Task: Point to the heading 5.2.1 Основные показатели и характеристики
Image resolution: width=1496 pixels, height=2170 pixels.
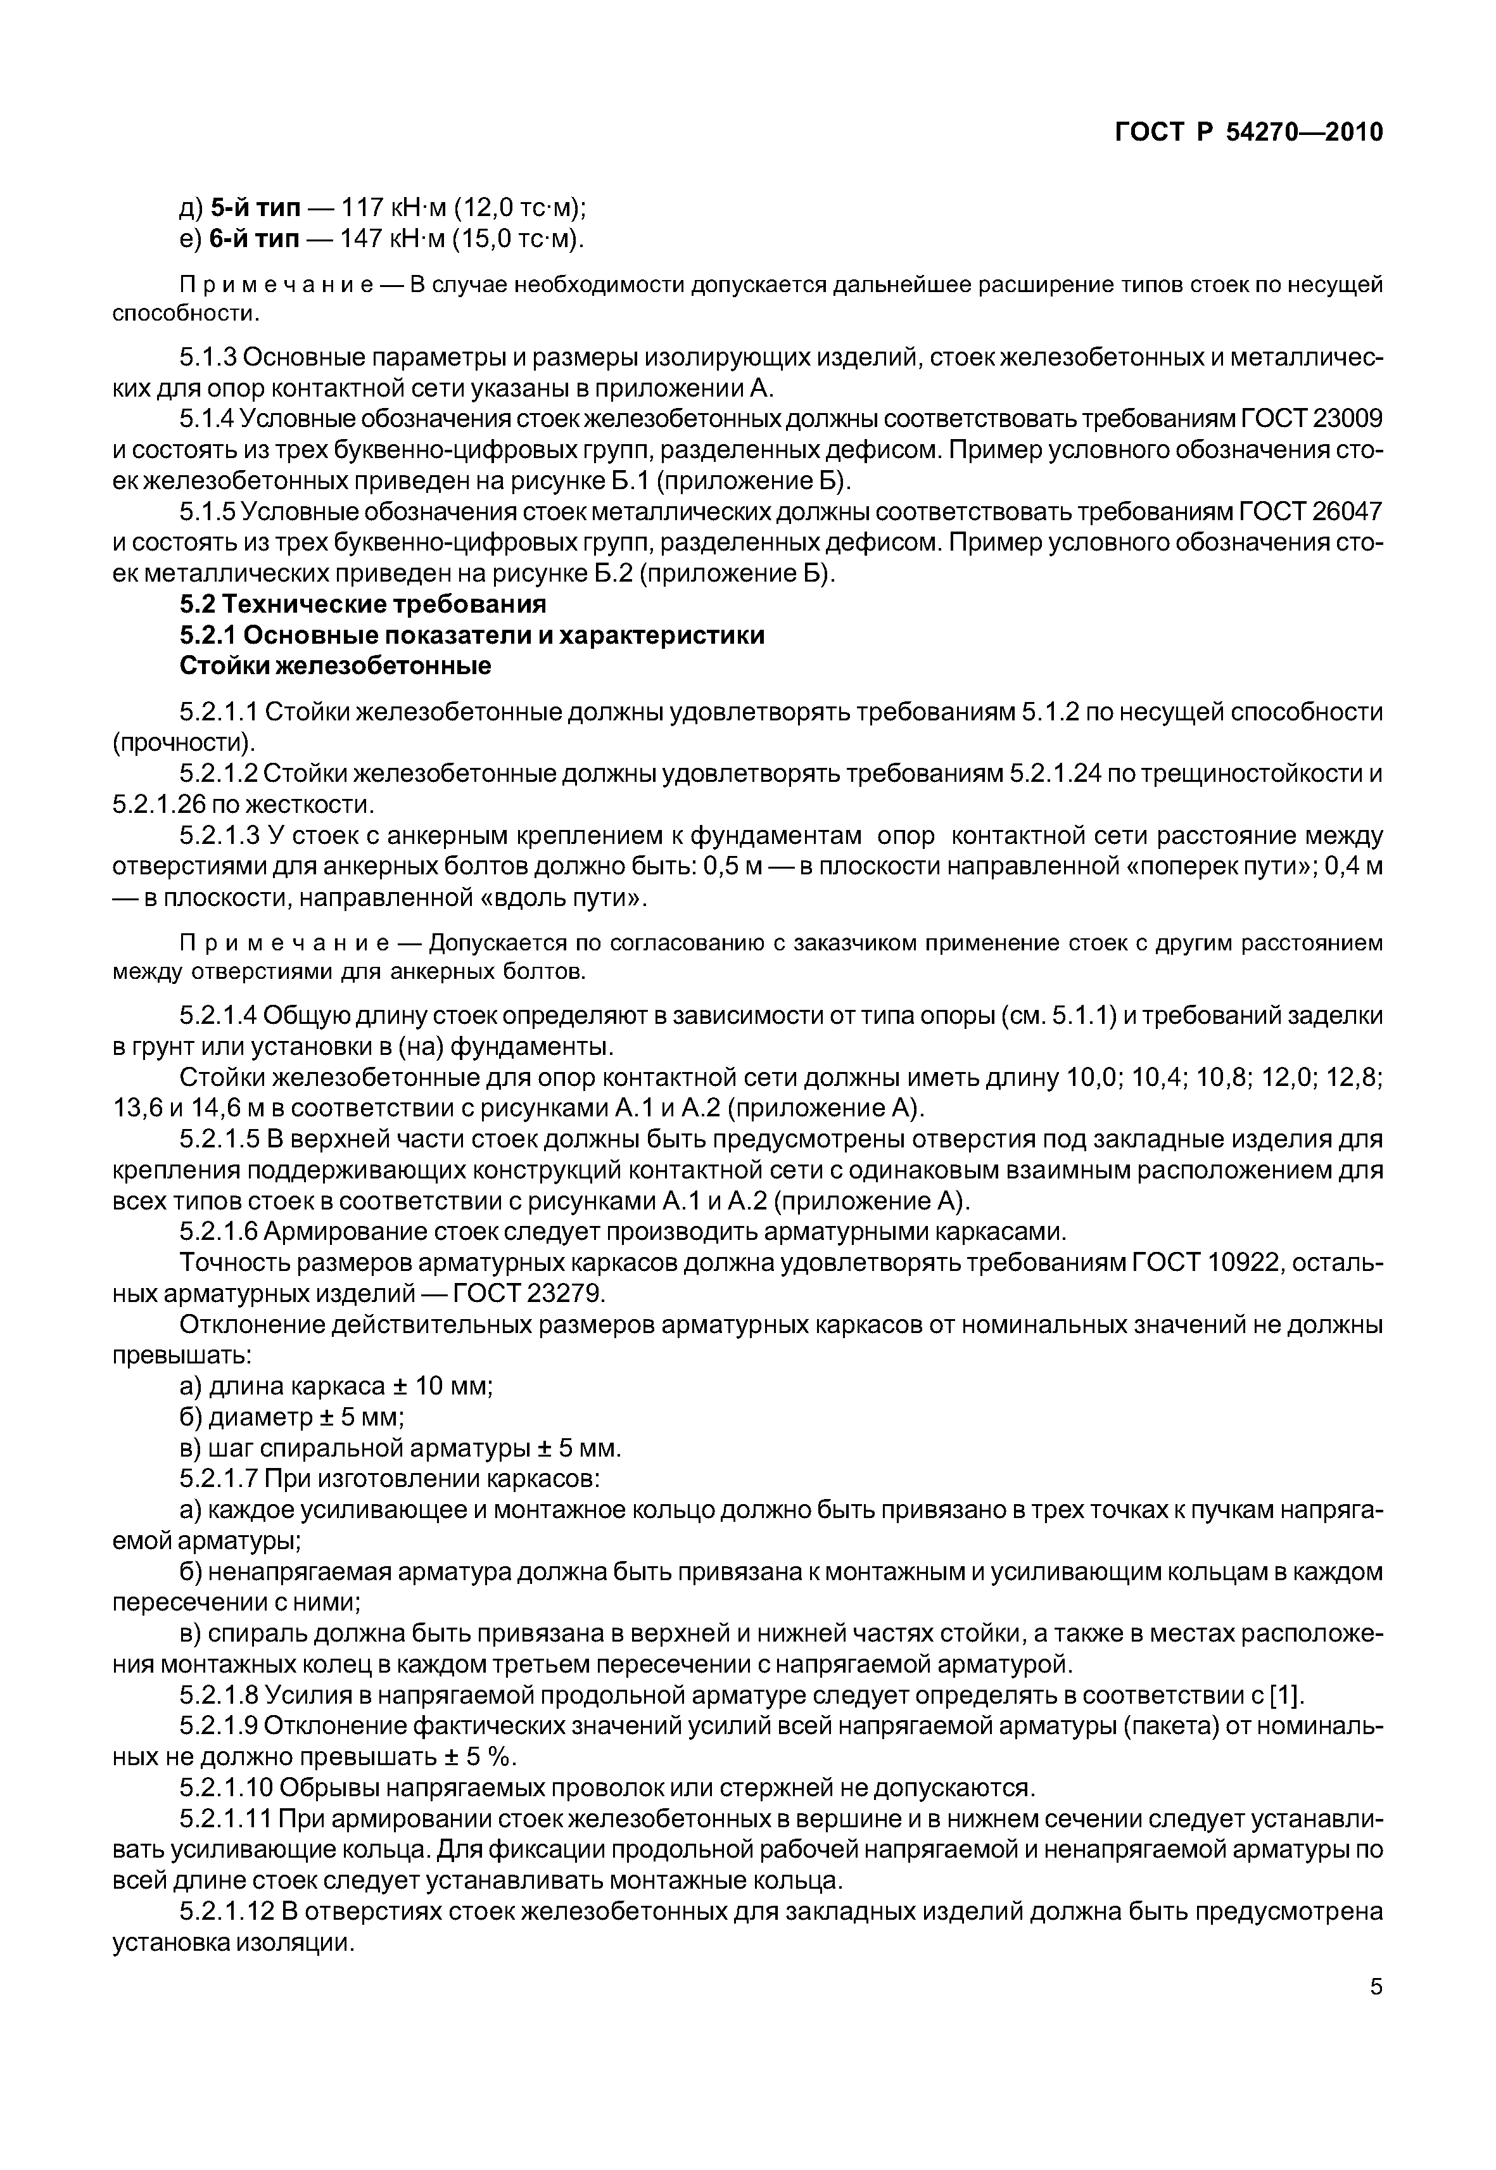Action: (471, 635)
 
